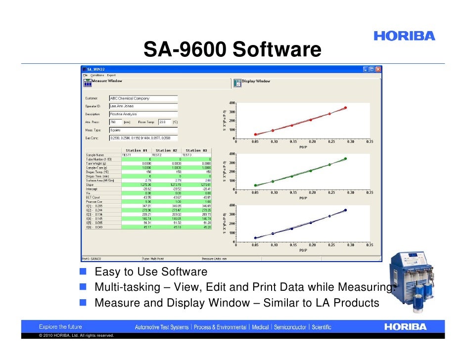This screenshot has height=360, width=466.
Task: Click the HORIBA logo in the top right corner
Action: coord(404,36)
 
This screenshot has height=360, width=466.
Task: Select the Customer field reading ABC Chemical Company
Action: coord(143,98)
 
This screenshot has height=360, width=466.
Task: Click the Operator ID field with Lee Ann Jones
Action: coord(143,106)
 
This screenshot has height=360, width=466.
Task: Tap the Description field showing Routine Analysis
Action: coord(143,114)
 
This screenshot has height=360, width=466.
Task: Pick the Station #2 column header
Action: coord(166,150)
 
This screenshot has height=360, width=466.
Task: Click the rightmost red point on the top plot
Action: coord(345,107)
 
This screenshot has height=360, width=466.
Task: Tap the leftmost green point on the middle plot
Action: coord(255,185)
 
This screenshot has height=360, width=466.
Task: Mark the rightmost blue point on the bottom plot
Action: coord(345,210)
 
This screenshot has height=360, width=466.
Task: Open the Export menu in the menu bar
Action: coord(111,75)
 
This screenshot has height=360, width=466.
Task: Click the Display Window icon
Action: coord(237,83)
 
